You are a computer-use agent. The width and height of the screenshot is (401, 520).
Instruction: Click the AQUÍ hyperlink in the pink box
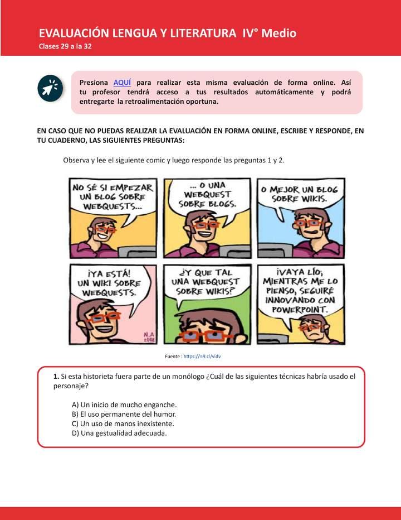click(122, 82)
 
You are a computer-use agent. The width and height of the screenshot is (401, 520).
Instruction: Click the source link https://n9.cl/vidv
click(206, 355)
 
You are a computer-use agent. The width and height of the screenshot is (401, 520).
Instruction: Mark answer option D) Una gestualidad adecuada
click(119, 433)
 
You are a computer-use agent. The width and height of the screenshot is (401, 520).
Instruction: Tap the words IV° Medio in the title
click(270, 33)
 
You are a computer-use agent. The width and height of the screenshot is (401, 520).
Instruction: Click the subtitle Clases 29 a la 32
click(65, 46)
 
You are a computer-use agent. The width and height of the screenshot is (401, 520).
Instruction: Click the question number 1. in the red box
click(56, 377)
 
